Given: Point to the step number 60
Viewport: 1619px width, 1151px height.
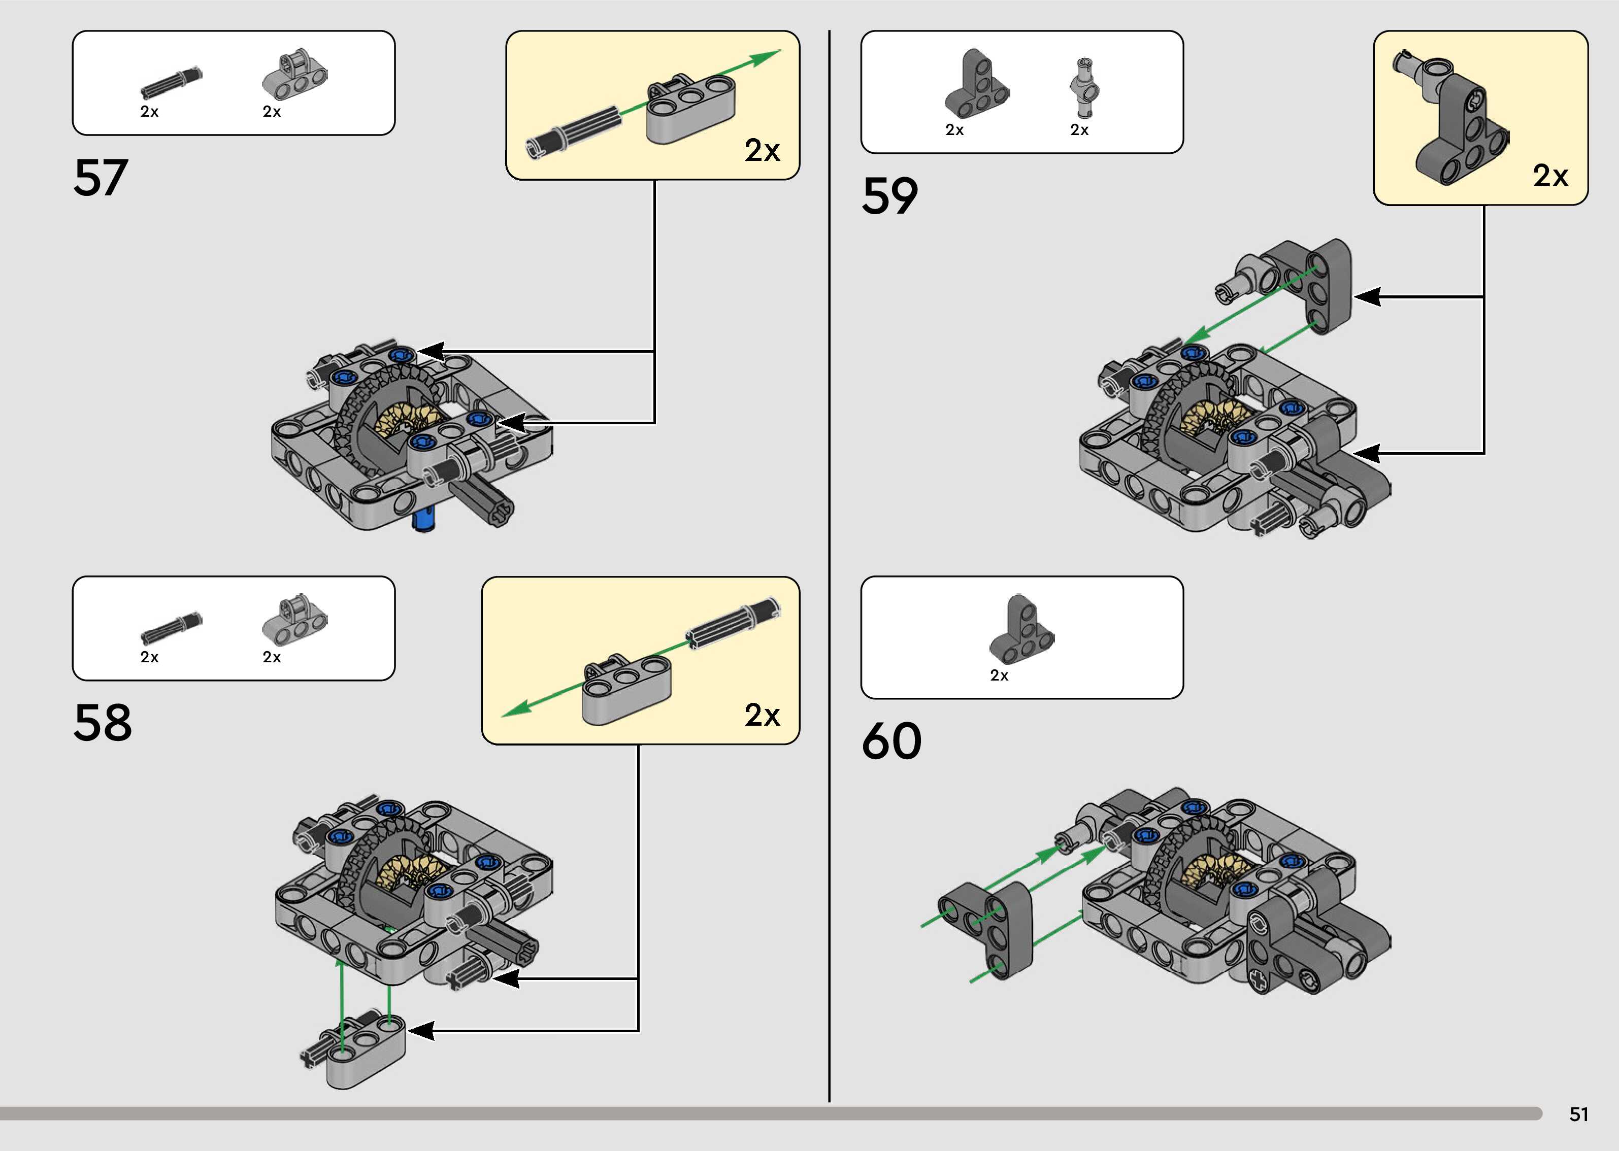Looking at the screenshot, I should point(891,741).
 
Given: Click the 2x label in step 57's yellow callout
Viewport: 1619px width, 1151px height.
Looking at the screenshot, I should point(762,150).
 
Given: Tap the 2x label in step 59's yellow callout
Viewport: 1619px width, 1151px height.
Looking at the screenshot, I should point(1550,176).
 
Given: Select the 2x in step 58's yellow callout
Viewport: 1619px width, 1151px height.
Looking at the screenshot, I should point(762,715).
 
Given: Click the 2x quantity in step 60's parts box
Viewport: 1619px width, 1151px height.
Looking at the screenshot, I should point(999,675).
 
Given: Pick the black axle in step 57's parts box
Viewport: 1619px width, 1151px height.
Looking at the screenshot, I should point(171,83).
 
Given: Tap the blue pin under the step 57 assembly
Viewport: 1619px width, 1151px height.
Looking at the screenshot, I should point(424,521).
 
